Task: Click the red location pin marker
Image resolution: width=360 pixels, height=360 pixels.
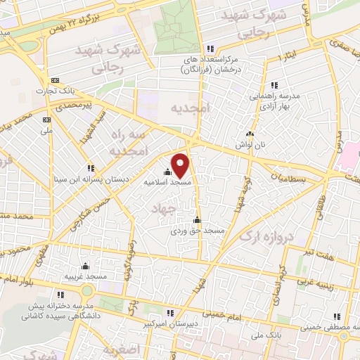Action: point(181,165)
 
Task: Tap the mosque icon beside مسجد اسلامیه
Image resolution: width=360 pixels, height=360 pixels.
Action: point(167,172)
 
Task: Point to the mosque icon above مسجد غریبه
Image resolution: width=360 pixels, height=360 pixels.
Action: point(85,266)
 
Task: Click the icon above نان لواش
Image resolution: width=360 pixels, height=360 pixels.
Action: point(247,134)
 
